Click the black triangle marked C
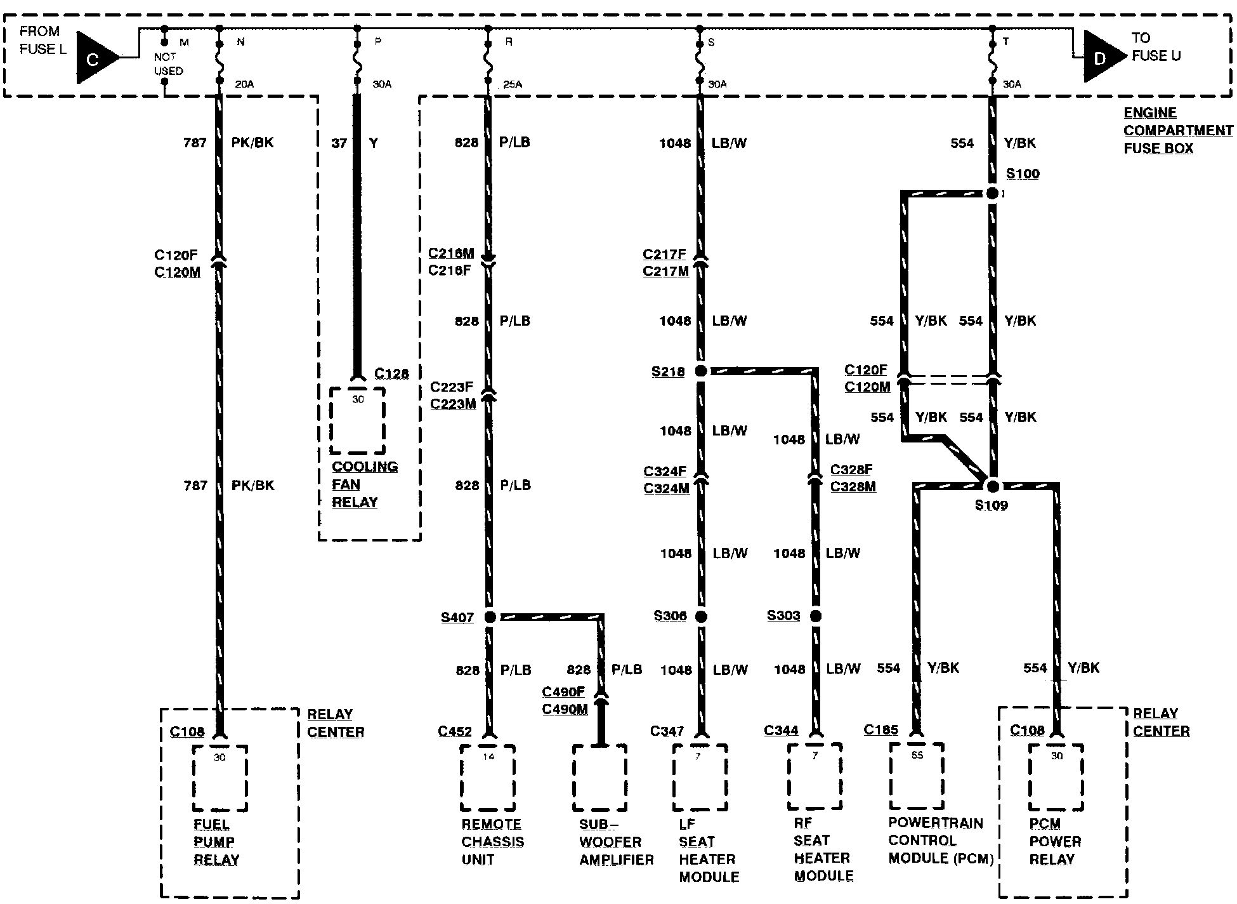pos(95,58)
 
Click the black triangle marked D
pos(1103,57)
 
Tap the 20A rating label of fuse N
pos(245,84)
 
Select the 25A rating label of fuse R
pos(512,84)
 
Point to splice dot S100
pos(993,193)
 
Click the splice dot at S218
pos(700,371)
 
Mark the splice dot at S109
pos(993,486)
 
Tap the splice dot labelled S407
pos(490,616)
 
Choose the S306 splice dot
pos(700,616)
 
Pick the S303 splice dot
pos(816,616)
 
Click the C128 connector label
pos(391,373)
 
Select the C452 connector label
pos(455,731)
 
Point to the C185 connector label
pos(881,730)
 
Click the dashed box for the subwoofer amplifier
pos(599,778)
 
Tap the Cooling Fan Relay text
pos(364,484)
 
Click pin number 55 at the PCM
pos(917,755)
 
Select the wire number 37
pos(339,143)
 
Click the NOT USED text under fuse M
pos(168,63)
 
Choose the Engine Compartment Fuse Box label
pos(1177,130)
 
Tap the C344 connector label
pos(781,730)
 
